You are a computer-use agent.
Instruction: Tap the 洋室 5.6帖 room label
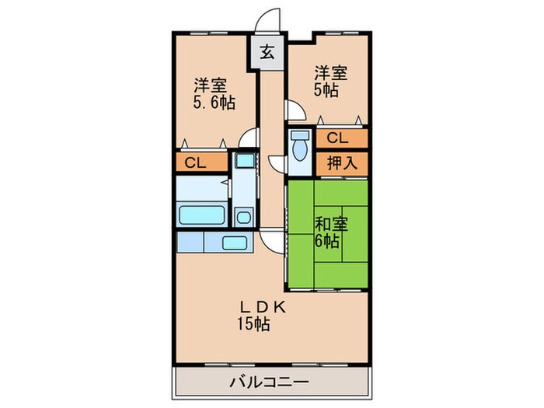(212, 93)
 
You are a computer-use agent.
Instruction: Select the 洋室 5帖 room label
(330, 81)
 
